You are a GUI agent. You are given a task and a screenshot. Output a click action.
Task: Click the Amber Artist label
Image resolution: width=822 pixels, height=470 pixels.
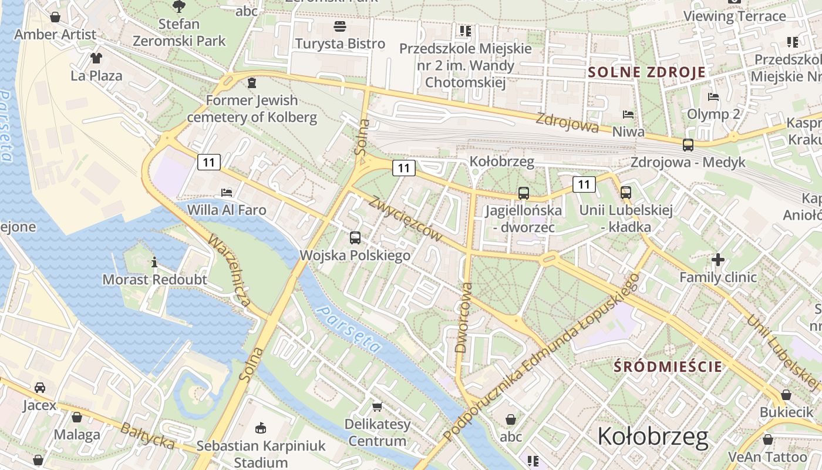click(x=55, y=35)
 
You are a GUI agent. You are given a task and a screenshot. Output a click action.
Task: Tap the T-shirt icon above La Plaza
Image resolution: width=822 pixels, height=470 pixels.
click(x=96, y=58)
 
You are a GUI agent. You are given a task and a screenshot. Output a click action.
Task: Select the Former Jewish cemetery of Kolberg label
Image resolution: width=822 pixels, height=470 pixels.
click(x=252, y=109)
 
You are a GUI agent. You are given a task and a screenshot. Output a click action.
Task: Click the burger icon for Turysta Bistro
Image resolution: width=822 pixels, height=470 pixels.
click(x=340, y=26)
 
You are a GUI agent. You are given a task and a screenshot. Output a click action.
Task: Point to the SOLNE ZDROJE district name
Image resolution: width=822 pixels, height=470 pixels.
click(x=646, y=73)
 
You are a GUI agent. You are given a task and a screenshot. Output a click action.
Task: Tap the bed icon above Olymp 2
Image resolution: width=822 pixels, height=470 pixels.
click(x=713, y=97)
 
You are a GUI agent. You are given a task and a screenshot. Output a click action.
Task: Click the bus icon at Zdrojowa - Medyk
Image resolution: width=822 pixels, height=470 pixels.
click(x=688, y=145)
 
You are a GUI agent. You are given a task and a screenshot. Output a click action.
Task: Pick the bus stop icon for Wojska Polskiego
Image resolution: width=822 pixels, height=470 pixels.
click(x=355, y=238)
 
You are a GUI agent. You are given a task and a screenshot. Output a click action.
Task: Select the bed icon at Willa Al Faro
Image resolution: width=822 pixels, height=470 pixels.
click(x=227, y=192)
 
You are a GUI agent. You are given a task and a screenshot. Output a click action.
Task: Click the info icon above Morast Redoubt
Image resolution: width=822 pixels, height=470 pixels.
click(x=154, y=262)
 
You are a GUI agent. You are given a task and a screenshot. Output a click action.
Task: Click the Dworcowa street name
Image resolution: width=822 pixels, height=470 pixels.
click(x=464, y=317)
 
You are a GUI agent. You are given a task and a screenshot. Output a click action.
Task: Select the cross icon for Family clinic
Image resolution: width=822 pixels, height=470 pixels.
click(x=717, y=259)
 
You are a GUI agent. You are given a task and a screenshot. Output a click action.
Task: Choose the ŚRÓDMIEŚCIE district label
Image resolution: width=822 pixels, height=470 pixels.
click(x=668, y=367)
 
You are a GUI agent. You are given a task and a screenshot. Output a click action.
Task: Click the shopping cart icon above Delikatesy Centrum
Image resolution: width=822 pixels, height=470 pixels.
click(x=377, y=407)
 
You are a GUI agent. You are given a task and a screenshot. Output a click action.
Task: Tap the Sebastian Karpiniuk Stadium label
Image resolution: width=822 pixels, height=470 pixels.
click(x=261, y=454)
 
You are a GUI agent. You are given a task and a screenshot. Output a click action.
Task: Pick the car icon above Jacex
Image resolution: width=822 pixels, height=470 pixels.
click(x=40, y=388)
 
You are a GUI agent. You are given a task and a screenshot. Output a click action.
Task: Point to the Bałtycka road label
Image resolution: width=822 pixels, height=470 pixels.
click(x=147, y=436)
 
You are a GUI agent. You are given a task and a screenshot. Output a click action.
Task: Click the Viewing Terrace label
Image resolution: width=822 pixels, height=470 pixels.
click(x=735, y=16)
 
